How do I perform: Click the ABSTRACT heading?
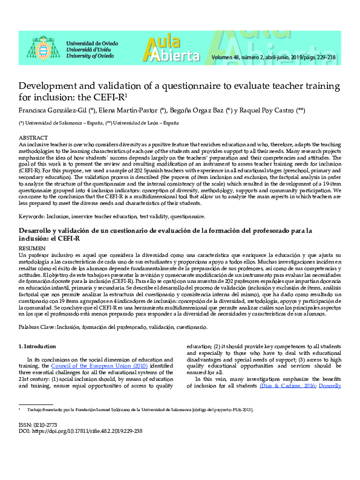point(33,138)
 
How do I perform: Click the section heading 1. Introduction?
point(39,346)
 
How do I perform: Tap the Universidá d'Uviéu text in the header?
point(91,50)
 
